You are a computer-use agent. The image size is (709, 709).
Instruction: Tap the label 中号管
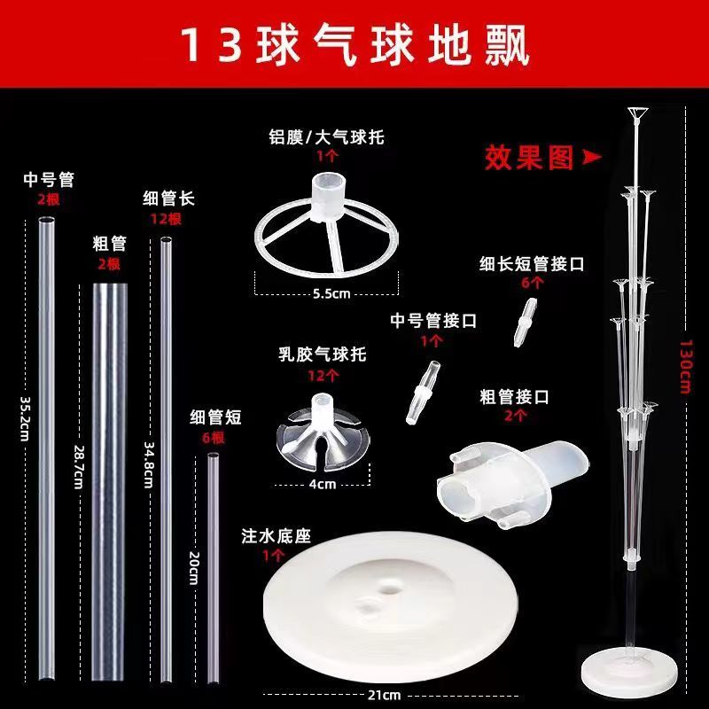pos(49,180)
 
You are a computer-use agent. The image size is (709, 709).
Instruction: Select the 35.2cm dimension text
pos(25,419)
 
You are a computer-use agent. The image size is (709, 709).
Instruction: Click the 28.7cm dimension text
pos(79,467)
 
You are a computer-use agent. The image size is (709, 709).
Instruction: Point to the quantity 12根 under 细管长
pos(166,219)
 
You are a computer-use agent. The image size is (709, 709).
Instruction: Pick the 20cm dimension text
pos(194,568)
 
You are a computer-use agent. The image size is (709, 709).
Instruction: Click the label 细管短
pos(215,417)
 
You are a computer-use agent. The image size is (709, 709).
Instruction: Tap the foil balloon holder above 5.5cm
pos(326,224)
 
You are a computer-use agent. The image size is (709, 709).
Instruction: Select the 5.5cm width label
pos(331,294)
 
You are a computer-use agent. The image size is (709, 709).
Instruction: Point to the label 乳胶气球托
pos(322,354)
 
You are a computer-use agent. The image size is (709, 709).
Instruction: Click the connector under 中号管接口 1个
pos(423,392)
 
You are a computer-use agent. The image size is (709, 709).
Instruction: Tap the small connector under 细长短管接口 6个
pos(526,322)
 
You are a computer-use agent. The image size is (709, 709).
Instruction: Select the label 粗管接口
pos(515,397)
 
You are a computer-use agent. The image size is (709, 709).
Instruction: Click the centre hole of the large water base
pos(388,590)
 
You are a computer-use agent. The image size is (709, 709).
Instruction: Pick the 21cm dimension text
pos(384,695)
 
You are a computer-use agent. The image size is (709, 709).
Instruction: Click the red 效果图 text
pos(529,158)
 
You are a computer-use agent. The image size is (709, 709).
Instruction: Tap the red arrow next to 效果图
pos(591,157)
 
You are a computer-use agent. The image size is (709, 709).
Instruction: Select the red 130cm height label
pos(686,367)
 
